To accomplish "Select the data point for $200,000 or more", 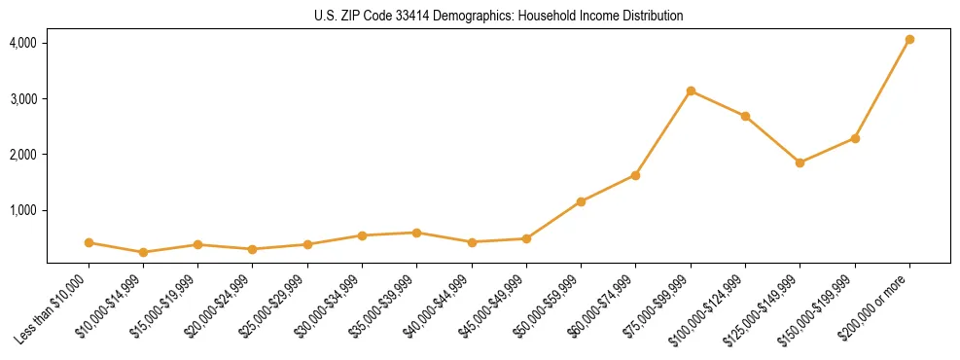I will (x=909, y=40).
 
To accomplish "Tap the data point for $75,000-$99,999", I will (x=691, y=91).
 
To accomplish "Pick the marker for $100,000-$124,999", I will (x=745, y=116).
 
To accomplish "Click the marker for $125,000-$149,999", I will (x=800, y=162).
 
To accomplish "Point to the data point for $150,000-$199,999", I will (x=855, y=138).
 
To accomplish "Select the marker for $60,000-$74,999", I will (x=635, y=175).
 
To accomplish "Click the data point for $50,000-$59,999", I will (x=581, y=201).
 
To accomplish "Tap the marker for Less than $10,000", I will (x=89, y=242).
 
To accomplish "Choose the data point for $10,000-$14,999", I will (x=143, y=252).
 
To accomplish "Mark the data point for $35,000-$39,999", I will (x=416, y=233).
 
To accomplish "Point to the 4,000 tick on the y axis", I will (x=23, y=43).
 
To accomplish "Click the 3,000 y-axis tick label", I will (x=23, y=99).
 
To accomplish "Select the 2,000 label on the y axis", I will (x=23, y=155).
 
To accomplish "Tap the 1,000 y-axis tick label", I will (x=23, y=210).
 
